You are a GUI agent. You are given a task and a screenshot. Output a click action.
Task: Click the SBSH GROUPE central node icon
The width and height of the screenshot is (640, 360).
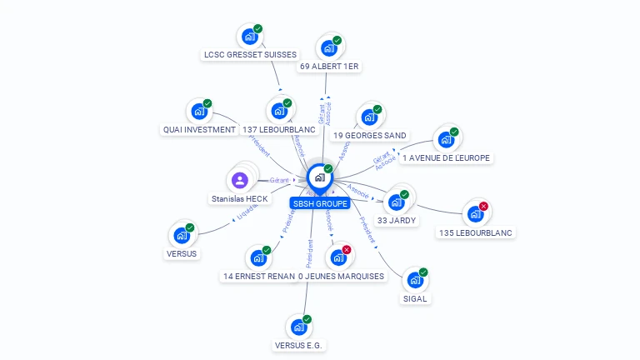pyautogui.click(x=318, y=177)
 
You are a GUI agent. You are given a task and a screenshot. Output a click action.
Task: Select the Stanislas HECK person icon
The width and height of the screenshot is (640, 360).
pyautogui.click(x=239, y=180)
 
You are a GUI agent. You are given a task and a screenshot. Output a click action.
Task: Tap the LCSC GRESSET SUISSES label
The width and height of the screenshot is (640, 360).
pyautogui.click(x=250, y=55)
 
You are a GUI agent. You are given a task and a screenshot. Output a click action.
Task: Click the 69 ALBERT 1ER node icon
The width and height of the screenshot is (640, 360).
pyautogui.click(x=328, y=47)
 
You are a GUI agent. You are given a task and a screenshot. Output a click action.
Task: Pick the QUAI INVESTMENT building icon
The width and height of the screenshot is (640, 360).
pyautogui.click(x=198, y=111)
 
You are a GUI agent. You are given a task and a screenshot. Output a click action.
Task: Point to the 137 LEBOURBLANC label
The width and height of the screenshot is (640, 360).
pyautogui.click(x=279, y=130)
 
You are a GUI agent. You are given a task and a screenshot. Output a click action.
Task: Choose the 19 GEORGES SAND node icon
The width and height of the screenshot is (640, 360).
pyautogui.click(x=368, y=117)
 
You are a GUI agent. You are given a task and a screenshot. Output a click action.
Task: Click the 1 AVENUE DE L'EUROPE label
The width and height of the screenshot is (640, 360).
pyautogui.click(x=447, y=157)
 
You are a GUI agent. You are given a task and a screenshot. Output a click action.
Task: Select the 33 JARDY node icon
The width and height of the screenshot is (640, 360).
pyautogui.click(x=396, y=202)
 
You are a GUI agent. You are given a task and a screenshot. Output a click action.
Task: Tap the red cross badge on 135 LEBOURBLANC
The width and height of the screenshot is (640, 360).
pyautogui.click(x=483, y=207)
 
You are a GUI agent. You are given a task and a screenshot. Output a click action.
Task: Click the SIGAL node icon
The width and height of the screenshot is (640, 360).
pyautogui.click(x=414, y=280)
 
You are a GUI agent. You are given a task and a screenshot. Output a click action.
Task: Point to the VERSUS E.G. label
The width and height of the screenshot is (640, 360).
pyautogui.click(x=298, y=345)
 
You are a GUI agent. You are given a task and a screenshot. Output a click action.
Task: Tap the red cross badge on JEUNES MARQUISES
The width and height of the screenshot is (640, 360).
pyautogui.click(x=347, y=250)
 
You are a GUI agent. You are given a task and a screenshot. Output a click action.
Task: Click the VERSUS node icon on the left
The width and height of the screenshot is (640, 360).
pyautogui.click(x=181, y=236)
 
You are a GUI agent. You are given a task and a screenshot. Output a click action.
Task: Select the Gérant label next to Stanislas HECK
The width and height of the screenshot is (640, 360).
pyautogui.click(x=278, y=180)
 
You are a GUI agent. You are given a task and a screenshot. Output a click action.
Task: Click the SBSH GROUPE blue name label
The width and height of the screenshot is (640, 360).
pyautogui.click(x=320, y=203)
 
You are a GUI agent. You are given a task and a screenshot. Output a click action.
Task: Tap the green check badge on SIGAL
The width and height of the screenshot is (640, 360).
pyautogui.click(x=423, y=272)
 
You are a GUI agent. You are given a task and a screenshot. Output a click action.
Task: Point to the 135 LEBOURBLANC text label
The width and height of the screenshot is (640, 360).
pyautogui.click(x=476, y=232)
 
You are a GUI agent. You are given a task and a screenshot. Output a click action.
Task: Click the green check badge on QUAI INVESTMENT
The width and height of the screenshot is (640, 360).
pyautogui.click(x=207, y=103)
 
